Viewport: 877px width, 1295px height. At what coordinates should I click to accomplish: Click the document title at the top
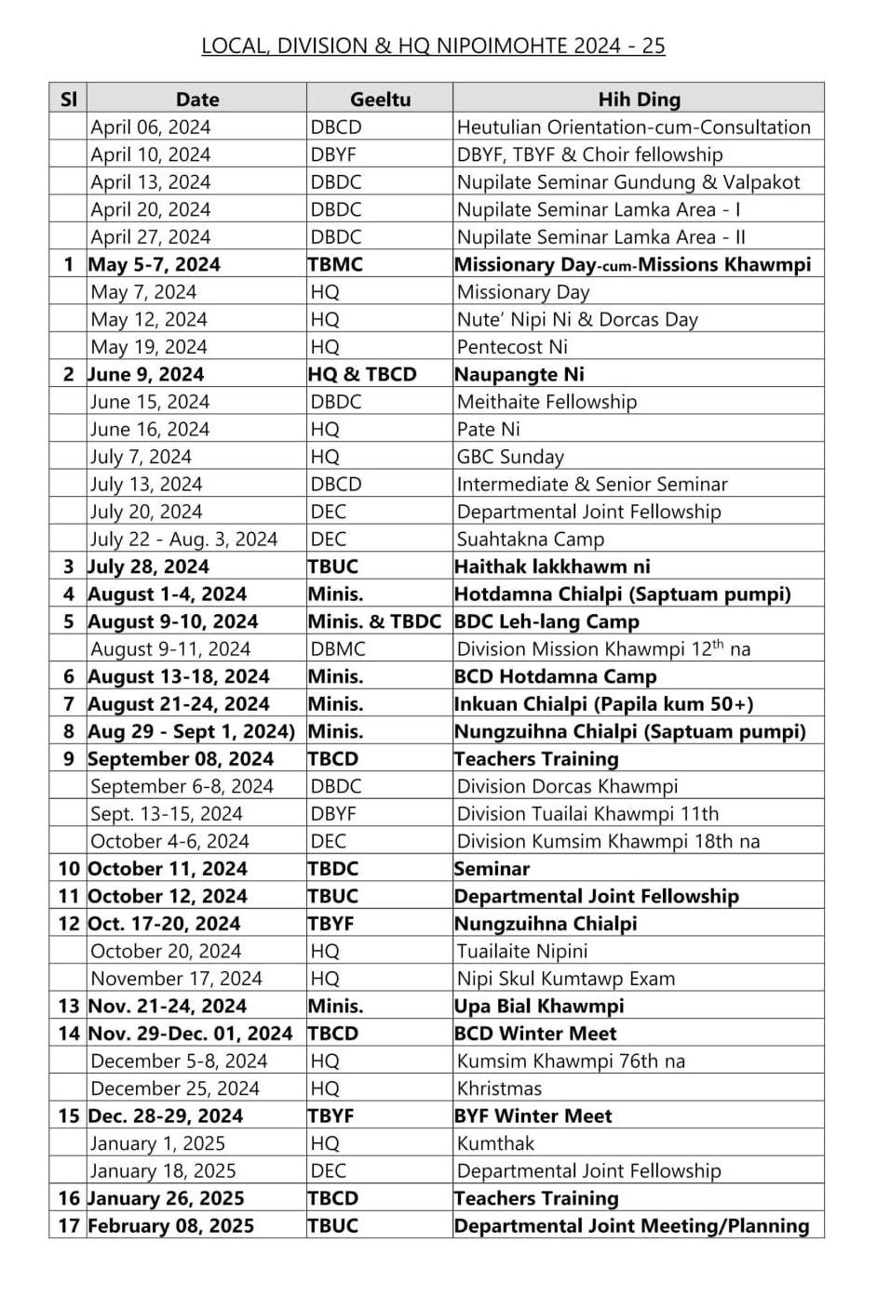click(433, 46)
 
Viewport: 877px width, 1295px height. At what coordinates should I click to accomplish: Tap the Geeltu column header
click(380, 100)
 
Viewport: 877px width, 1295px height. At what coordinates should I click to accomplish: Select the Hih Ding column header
click(639, 100)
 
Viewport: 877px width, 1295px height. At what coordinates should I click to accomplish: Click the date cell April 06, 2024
click(151, 127)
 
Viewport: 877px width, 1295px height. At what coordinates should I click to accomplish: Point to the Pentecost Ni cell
click(512, 347)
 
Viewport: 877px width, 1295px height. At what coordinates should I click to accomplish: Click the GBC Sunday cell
click(510, 457)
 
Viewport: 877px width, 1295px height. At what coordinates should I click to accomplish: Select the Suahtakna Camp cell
click(530, 540)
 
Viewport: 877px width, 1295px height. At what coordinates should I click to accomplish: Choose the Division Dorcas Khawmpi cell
click(567, 786)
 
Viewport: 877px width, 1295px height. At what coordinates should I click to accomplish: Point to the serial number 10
click(69, 869)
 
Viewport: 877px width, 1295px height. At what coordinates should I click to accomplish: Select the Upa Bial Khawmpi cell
click(539, 1006)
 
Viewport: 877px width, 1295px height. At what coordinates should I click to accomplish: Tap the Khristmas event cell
click(499, 1088)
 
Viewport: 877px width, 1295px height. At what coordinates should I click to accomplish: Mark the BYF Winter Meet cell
click(533, 1115)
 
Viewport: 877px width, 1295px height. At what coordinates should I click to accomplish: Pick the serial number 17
click(69, 1226)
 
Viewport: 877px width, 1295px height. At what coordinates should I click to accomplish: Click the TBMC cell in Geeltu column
click(335, 265)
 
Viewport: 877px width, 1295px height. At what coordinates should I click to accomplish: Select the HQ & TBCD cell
click(362, 375)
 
